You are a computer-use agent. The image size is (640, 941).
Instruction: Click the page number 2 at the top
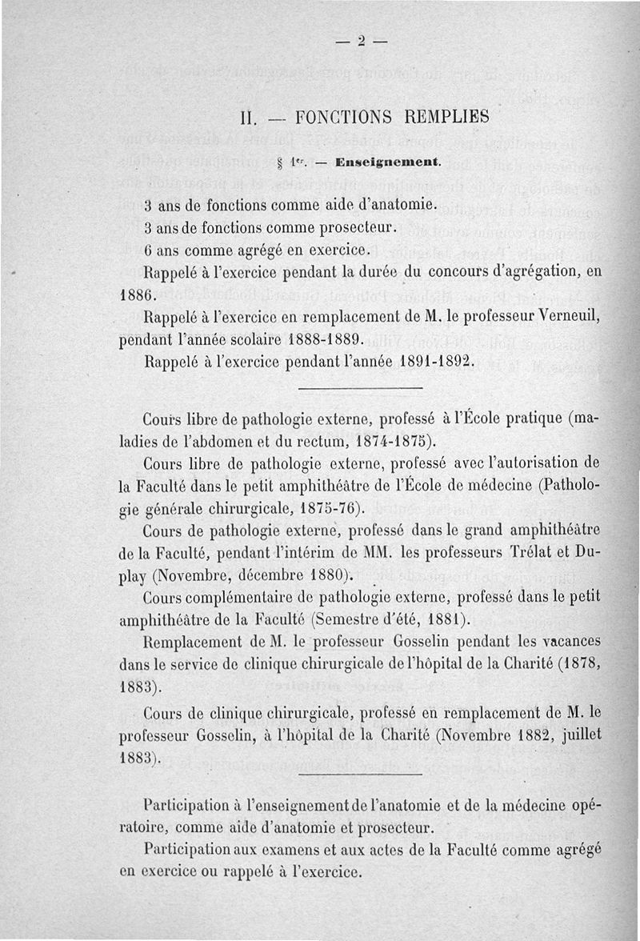361,42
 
